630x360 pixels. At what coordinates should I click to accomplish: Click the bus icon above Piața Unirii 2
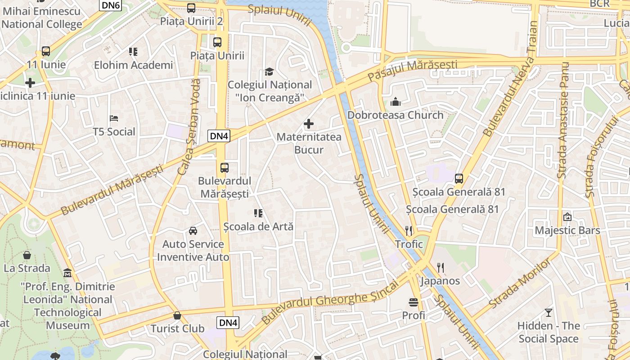pos(191,8)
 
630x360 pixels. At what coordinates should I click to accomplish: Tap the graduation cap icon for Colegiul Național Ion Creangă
pos(269,72)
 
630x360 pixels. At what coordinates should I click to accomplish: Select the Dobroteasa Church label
pos(395,115)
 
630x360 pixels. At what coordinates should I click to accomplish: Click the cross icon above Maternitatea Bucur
pos(309,123)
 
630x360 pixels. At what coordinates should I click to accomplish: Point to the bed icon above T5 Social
pos(114,118)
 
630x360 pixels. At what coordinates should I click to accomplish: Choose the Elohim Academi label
pos(133,65)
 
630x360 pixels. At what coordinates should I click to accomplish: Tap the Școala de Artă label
pos(258,226)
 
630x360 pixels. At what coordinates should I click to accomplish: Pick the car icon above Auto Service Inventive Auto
pos(193,231)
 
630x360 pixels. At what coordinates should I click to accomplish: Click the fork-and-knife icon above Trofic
pos(409,231)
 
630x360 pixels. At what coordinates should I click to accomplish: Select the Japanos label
pos(440,281)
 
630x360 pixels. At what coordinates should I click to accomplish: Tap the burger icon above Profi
pos(414,302)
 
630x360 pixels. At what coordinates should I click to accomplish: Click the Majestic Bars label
pos(567,230)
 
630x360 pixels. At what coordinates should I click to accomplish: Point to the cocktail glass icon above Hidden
pos(548,312)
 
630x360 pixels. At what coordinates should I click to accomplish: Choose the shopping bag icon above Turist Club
pos(177,315)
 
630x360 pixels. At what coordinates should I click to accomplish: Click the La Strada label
pos(27,268)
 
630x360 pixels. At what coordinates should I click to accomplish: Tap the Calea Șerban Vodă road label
pos(189,127)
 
